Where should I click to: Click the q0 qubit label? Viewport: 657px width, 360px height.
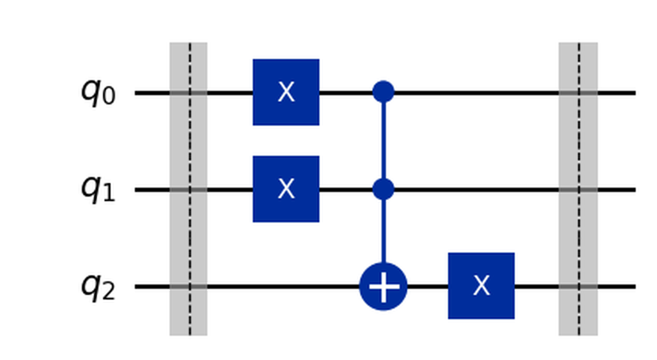click(98, 92)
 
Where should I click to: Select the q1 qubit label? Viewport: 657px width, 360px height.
click(98, 189)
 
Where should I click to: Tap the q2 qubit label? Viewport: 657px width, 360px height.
click(98, 286)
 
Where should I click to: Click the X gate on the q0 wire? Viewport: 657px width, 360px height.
click(286, 92)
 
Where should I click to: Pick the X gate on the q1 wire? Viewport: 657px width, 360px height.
click(286, 189)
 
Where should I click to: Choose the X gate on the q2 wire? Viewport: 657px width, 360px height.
click(481, 286)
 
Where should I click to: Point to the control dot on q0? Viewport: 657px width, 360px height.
click(383, 92)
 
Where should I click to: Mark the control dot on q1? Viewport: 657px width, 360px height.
click(383, 189)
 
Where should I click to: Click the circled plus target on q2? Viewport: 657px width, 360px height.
click(383, 286)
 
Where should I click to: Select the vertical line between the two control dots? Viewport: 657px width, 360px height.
click(383, 141)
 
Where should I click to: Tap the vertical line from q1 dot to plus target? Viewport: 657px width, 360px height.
click(383, 230)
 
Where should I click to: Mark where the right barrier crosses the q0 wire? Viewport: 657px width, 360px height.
click(578, 92)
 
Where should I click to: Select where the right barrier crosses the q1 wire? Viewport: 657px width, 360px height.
click(578, 189)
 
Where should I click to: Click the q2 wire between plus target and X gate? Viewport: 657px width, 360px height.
click(428, 286)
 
